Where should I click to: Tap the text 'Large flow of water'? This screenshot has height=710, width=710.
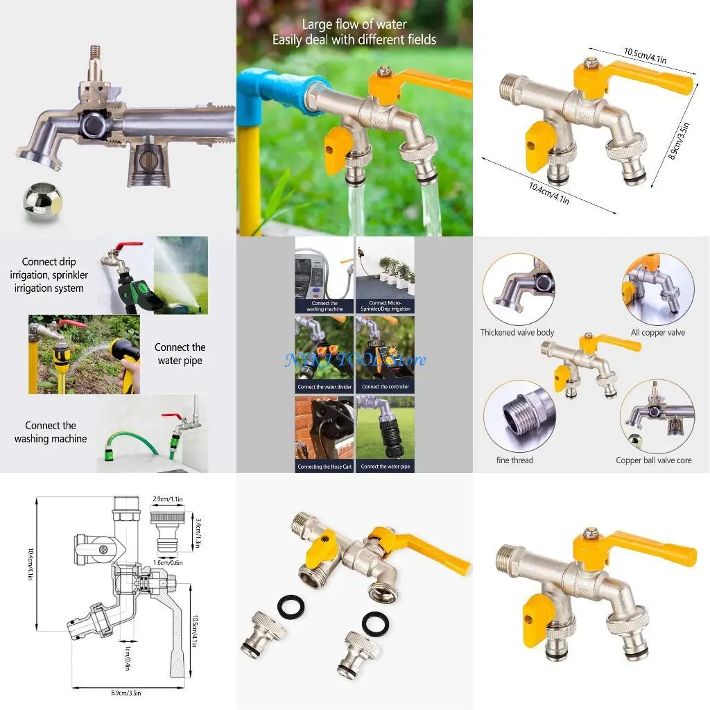354,24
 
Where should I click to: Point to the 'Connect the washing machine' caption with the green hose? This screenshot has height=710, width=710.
51,432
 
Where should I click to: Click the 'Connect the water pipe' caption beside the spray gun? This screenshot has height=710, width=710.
180,354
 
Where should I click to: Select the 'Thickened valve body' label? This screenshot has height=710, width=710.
517,333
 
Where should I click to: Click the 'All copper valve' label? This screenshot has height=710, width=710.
657,333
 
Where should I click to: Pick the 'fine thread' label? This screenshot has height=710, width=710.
515,460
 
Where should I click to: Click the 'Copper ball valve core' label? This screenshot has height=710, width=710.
653,460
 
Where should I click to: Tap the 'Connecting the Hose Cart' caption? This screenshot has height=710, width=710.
324,467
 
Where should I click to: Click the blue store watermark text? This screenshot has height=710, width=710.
355,359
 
